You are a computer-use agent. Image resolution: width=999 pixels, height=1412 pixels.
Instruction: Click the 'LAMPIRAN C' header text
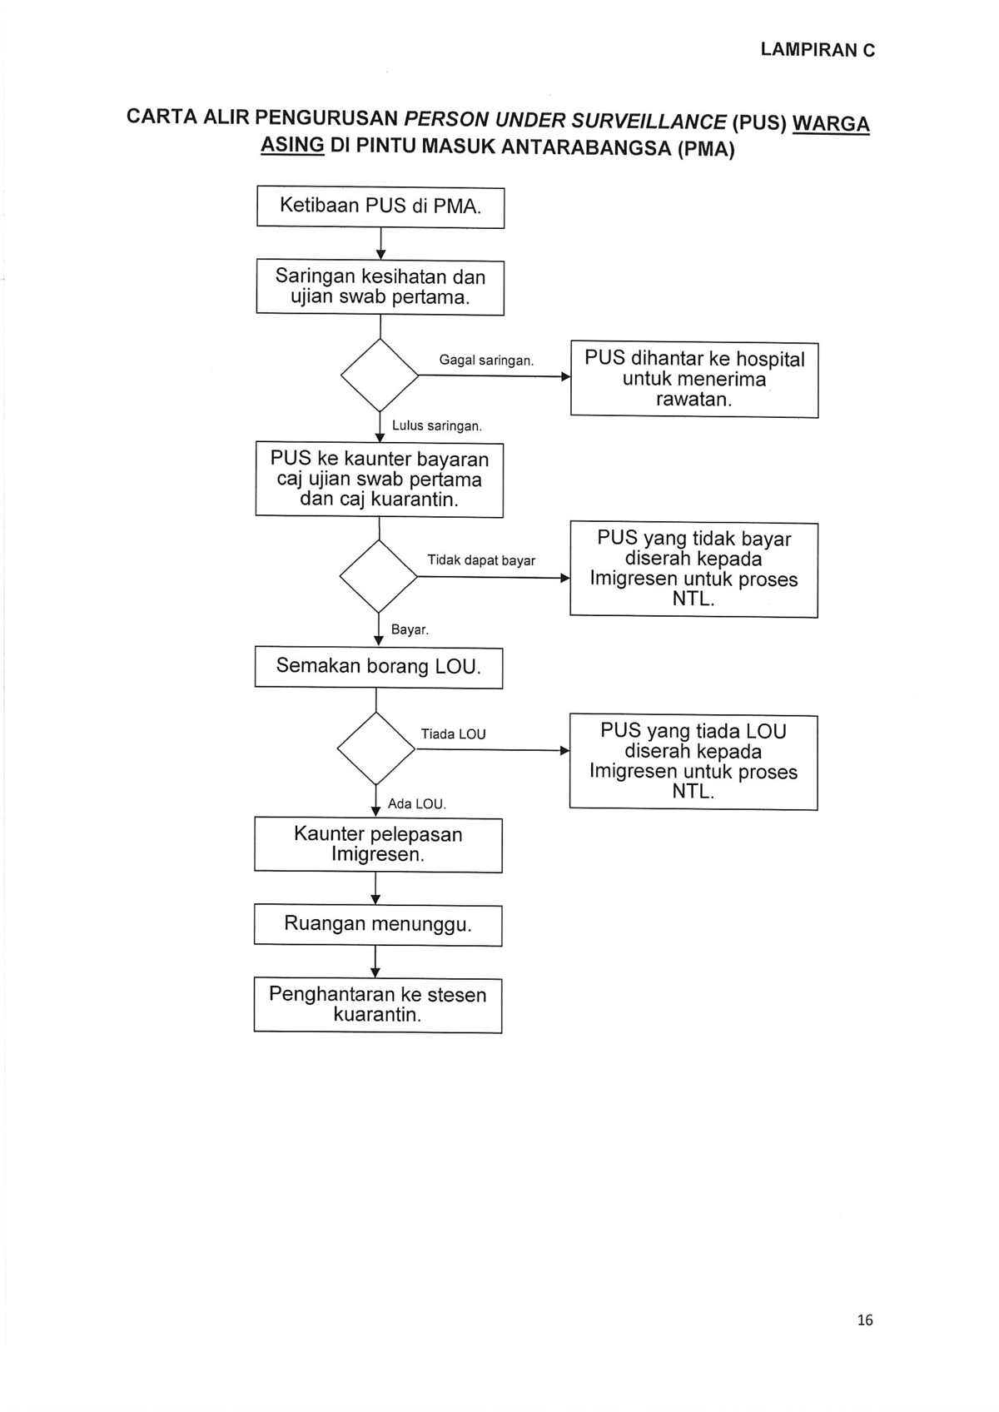818,50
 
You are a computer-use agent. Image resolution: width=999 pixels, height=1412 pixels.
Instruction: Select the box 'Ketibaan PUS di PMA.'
380,206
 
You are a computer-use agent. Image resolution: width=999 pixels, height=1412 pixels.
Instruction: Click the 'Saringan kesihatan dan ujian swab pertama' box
380,287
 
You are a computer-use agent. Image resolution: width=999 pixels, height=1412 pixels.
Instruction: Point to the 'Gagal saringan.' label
486,360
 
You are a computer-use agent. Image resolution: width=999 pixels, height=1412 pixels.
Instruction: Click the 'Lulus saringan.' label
437,426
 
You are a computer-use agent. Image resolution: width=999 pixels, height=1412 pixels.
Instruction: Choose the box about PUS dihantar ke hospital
694,380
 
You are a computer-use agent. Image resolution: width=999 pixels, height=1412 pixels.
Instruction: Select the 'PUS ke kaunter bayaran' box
380,480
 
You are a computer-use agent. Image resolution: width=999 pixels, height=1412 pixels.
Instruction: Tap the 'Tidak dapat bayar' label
481,560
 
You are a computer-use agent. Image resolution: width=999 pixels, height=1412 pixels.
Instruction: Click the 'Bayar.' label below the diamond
410,629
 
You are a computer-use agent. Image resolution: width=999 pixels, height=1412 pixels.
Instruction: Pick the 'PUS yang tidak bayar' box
694,569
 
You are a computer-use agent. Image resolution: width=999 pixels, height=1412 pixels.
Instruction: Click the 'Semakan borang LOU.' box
379,667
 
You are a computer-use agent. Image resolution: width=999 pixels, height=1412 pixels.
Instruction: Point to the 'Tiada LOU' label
453,734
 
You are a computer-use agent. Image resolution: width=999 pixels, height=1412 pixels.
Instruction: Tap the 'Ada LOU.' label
416,804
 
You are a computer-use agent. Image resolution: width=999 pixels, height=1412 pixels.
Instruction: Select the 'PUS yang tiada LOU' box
693,762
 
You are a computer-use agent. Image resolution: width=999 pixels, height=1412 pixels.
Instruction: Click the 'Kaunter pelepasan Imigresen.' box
378,845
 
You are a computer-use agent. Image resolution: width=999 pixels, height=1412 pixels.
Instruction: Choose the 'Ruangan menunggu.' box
378,925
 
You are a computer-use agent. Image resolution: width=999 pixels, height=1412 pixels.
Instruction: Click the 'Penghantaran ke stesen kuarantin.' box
378,1005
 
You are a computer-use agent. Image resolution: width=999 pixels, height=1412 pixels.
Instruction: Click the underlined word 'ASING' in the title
292,146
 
